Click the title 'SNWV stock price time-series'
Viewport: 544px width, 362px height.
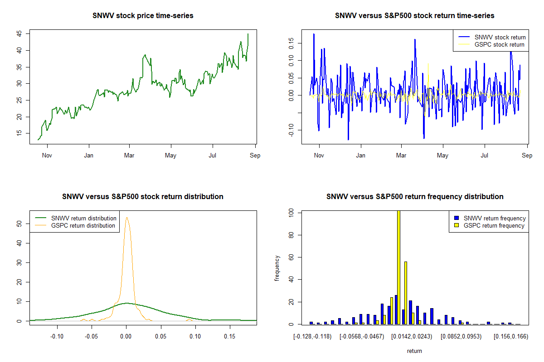click(x=143, y=16)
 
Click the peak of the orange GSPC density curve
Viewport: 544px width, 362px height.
click(x=126, y=218)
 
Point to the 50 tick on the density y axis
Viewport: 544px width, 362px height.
click(x=19, y=224)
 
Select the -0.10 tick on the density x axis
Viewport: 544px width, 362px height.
click(x=57, y=337)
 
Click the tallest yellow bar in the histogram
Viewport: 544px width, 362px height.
click(x=398, y=267)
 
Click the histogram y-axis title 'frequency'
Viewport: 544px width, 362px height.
click(x=277, y=268)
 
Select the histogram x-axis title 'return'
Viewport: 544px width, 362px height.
click(x=414, y=351)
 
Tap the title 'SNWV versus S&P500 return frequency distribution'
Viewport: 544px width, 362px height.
click(x=415, y=197)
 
